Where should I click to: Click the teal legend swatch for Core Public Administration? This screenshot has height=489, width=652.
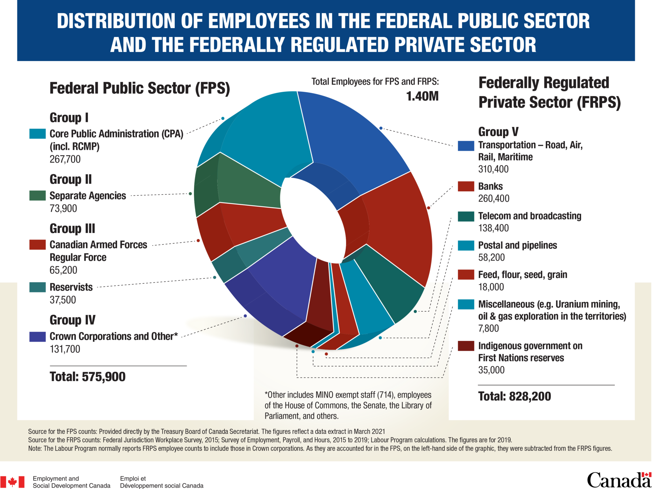pos(37,134)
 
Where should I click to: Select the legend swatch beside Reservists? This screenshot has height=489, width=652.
pos(37,287)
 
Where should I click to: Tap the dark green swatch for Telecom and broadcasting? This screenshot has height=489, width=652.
pos(466,216)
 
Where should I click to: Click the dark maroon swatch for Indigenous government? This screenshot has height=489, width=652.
pos(466,346)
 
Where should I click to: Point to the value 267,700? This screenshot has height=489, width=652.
pos(65,159)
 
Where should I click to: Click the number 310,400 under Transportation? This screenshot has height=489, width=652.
pos(493,169)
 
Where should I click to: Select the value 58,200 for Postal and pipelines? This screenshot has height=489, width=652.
pos(491,257)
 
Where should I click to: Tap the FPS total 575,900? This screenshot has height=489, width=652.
pos(103,377)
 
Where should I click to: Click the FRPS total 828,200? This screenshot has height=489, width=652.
pos(530,396)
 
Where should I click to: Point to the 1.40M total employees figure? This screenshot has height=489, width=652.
pos(422,96)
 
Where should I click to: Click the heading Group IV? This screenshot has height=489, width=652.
pos(72,320)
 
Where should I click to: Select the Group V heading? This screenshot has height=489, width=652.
pos(498,131)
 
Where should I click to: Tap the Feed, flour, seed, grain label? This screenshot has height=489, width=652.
pos(522,275)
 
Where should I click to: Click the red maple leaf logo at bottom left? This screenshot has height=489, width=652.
pos(12,482)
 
